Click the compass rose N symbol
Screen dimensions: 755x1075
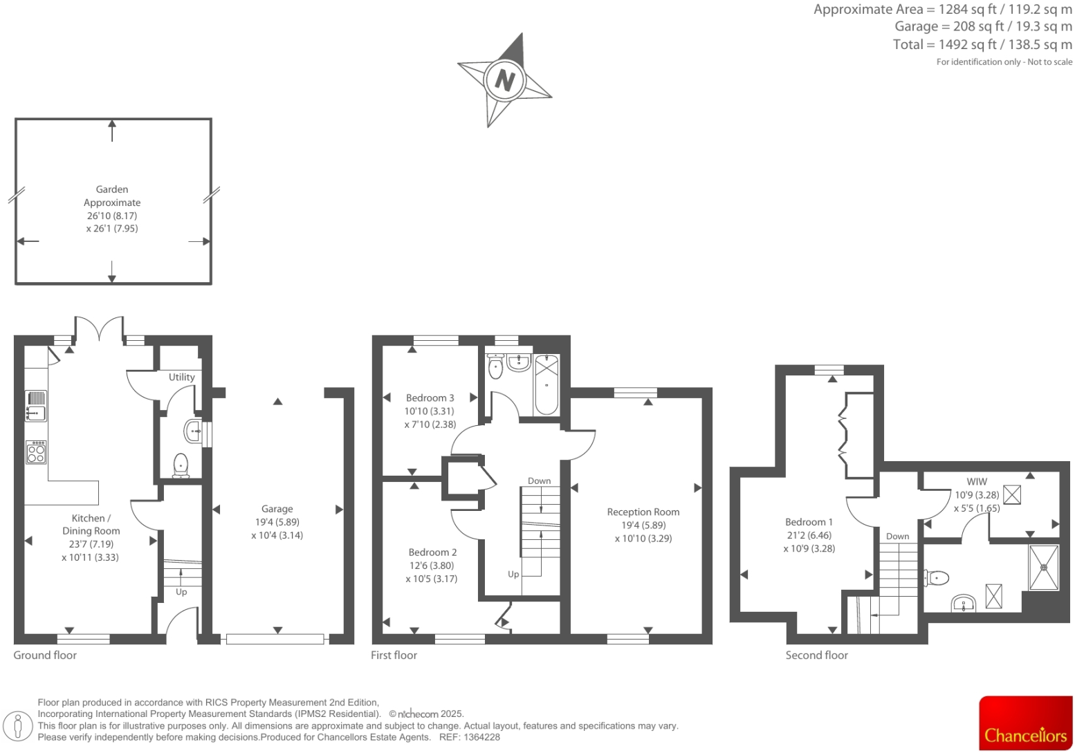click(504, 80)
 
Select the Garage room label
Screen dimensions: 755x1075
click(277, 509)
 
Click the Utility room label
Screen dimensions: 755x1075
click(181, 377)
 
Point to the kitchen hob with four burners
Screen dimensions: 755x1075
click(36, 452)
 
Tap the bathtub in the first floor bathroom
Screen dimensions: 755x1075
click(546, 384)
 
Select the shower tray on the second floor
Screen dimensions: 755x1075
click(1044, 568)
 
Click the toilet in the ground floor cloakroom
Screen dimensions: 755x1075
click(181, 465)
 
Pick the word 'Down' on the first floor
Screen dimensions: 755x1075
click(539, 481)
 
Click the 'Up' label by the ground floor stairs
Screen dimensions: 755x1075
click(181, 592)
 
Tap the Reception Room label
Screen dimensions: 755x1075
click(643, 512)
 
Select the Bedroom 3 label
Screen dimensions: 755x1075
click(430, 398)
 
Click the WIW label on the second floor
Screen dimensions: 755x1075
click(977, 481)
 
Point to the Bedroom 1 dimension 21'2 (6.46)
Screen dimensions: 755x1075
click(809, 535)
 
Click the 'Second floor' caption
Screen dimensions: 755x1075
click(816, 655)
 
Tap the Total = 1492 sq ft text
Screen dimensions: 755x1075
click(982, 44)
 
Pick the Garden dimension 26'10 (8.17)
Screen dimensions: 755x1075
click(112, 216)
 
